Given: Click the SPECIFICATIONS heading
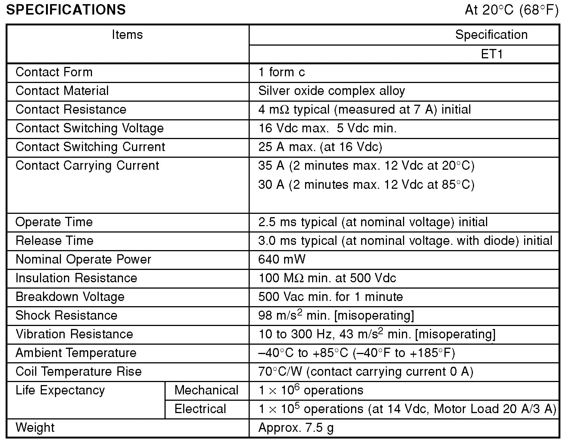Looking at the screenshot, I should (x=66, y=10).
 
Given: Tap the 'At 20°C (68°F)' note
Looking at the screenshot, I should (x=511, y=10).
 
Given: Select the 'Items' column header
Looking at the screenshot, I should (x=127, y=35).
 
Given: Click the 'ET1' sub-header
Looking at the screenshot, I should (x=491, y=54).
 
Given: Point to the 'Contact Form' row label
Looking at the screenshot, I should (x=54, y=72).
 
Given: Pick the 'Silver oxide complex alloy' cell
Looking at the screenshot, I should (x=331, y=91).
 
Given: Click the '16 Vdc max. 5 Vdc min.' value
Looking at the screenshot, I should (x=327, y=128).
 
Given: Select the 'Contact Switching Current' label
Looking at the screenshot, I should (x=90, y=147).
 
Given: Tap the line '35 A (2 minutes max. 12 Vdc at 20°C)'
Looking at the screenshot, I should (x=366, y=166).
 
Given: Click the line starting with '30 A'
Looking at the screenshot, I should (x=366, y=185).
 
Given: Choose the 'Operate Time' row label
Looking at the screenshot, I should (x=54, y=222).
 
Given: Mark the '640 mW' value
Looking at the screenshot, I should (x=282, y=259).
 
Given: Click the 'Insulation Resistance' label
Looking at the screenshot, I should (x=76, y=278).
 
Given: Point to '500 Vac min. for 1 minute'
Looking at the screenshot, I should (x=330, y=297).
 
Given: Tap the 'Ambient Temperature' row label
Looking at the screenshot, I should (x=76, y=353).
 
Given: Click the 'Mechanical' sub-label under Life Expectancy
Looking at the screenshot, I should (x=206, y=390).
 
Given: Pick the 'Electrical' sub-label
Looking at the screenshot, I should (x=200, y=409).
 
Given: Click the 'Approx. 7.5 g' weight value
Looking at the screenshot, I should (x=296, y=428).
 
